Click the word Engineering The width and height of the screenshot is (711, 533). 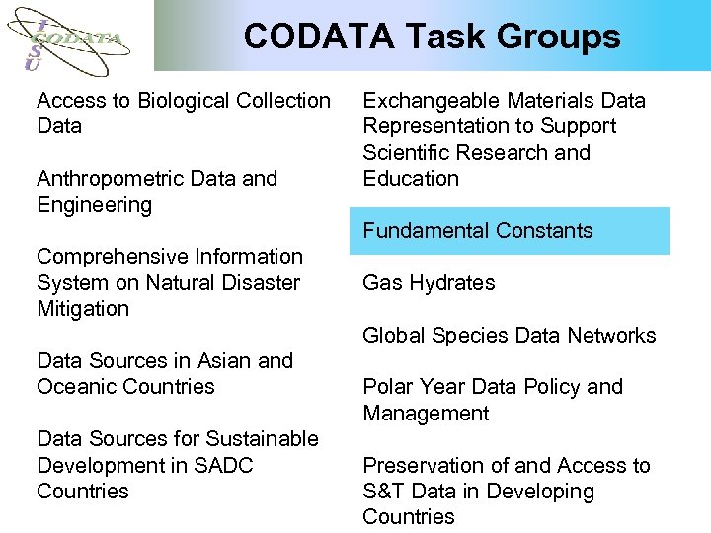click(x=95, y=205)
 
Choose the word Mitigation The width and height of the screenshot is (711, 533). click(x=83, y=309)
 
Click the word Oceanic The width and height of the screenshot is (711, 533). click(x=75, y=387)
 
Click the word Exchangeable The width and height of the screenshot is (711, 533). click(x=432, y=101)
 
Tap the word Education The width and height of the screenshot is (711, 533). click(x=411, y=179)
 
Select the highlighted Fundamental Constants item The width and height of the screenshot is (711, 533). click(x=478, y=231)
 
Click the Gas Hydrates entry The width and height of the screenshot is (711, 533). click(x=429, y=283)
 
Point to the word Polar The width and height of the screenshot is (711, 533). click(x=388, y=387)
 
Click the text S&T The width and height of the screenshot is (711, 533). click(x=384, y=492)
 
